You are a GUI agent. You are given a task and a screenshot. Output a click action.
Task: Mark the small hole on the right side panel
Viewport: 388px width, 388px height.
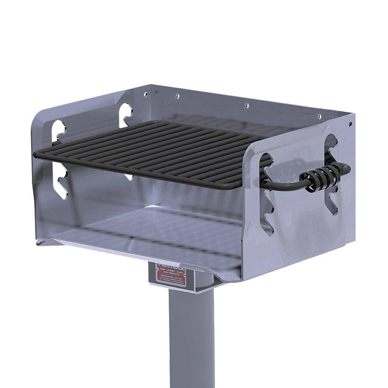click(350, 124)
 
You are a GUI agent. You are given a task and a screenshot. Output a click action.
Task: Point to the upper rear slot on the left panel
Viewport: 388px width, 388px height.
click(126, 114)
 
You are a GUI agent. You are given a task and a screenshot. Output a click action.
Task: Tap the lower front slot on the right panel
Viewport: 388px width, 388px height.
click(268, 217)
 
